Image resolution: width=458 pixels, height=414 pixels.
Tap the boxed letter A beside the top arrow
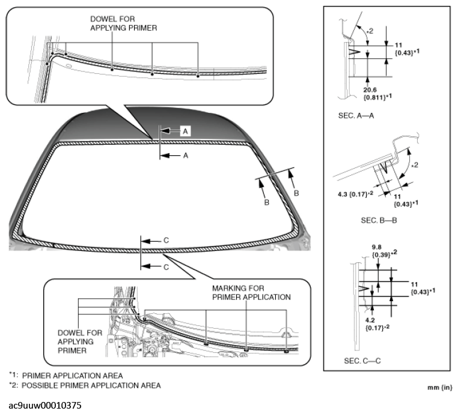click(186, 130)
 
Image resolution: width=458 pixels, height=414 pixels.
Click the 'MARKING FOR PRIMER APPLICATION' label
click(251, 293)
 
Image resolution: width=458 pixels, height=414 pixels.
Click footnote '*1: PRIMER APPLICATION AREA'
click(66, 375)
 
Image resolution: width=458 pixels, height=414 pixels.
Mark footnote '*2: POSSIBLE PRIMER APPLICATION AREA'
click(84, 385)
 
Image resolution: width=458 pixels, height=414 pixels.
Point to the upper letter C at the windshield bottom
click(165, 240)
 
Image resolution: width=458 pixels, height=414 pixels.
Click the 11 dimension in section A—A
click(397, 44)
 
